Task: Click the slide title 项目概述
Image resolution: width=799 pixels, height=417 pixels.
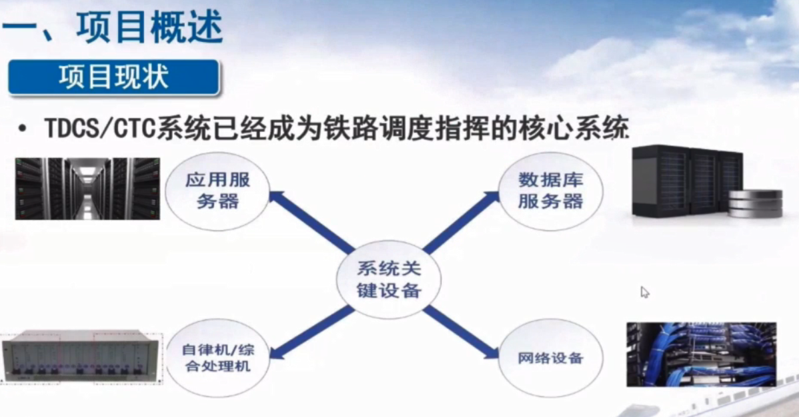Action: [x=150, y=27]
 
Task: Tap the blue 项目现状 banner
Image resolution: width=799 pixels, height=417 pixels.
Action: [x=113, y=77]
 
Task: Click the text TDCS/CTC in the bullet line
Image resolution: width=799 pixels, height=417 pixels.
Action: [x=100, y=129]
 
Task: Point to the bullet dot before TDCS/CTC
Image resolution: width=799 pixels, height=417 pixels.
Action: [x=22, y=129]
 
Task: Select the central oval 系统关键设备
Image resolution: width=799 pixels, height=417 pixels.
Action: [x=389, y=280]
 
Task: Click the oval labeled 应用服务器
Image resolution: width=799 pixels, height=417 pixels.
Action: [x=217, y=191]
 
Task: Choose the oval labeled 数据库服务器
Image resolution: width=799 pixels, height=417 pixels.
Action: [x=550, y=191]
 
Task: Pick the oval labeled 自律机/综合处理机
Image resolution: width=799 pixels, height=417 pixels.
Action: [x=217, y=358]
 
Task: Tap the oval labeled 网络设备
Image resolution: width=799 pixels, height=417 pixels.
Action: [x=550, y=358]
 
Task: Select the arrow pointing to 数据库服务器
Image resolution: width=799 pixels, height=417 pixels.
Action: [x=461, y=222]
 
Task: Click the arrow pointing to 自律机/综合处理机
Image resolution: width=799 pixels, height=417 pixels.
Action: [x=311, y=333]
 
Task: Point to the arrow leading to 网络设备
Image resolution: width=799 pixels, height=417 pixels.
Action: [x=461, y=332]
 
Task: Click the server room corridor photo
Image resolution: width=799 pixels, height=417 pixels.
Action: [x=87, y=189]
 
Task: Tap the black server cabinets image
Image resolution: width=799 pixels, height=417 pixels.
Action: [x=687, y=181]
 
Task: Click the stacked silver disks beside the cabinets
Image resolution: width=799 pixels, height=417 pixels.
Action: [x=755, y=204]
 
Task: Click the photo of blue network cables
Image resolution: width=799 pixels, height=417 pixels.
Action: [x=701, y=354]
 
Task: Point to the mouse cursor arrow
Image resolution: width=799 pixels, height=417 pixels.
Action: [x=644, y=292]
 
